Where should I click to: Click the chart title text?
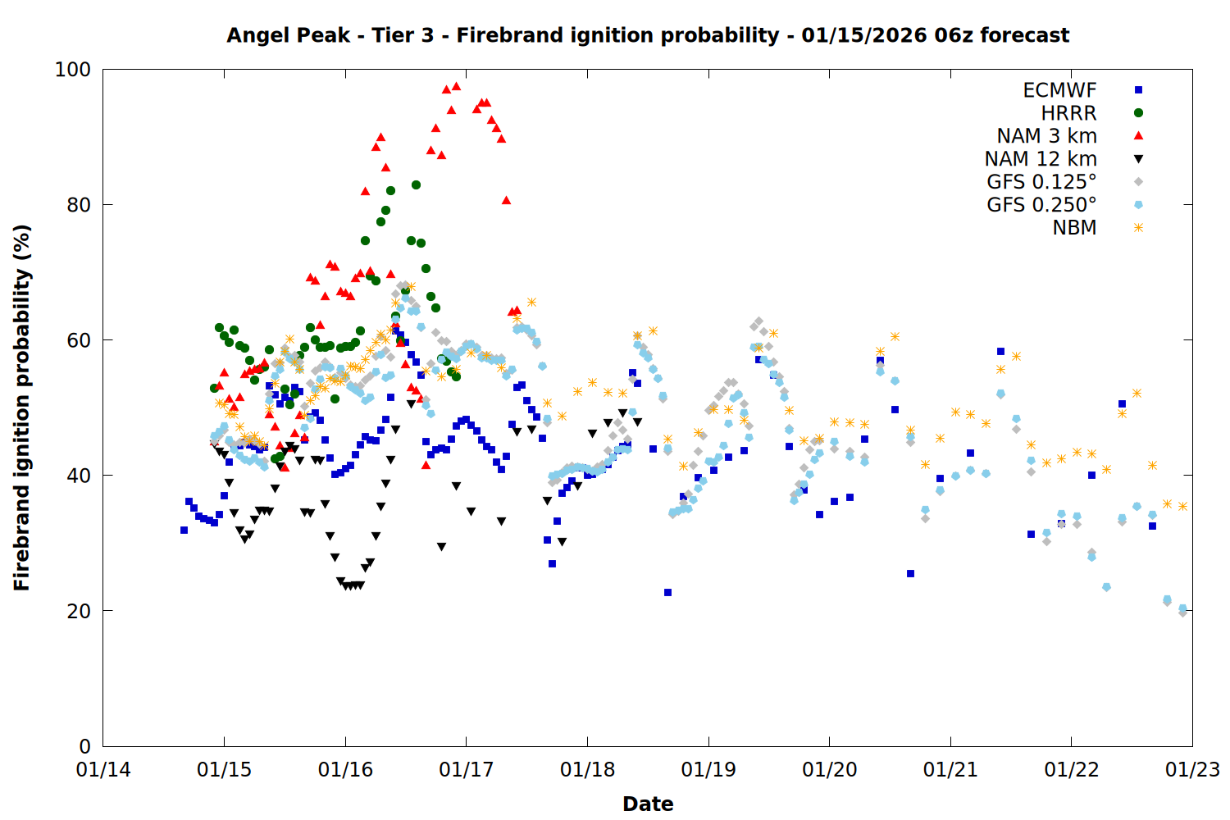[648, 35]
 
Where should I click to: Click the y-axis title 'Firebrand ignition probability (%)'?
[21, 408]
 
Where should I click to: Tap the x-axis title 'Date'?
[648, 804]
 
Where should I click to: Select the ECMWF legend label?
[1059, 90]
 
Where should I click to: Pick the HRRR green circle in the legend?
[1138, 113]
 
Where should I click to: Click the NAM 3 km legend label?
[1046, 136]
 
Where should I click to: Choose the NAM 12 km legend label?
[1041, 159]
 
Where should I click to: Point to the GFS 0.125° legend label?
[1041, 182]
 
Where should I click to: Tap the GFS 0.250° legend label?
[1041, 205]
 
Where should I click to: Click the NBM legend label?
[1074, 228]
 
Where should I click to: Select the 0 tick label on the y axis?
[84, 746]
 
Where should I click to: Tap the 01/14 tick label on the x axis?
[103, 770]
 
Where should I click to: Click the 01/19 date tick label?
[708, 770]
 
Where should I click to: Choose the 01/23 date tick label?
[1192, 770]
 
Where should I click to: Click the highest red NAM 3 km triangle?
[457, 86]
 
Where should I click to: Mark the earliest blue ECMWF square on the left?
[184, 531]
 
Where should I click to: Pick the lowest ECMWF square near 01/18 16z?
[667, 592]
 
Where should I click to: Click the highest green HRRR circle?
[416, 184]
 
